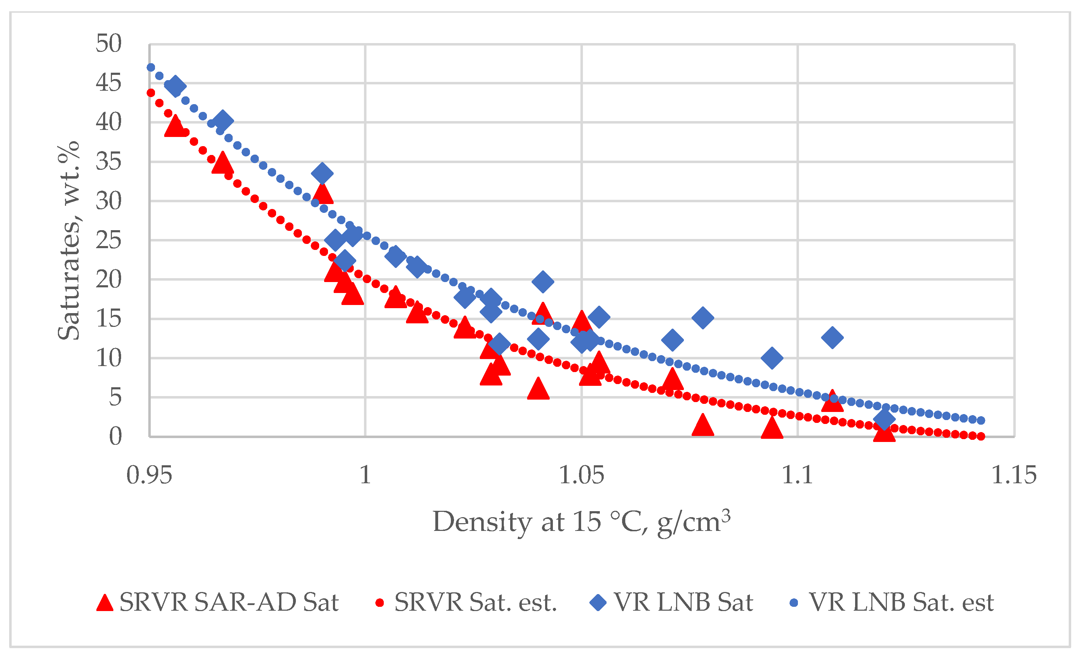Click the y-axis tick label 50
click(x=108, y=43)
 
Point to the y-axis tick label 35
click(x=108, y=162)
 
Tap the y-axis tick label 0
click(x=115, y=437)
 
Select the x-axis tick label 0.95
click(x=149, y=475)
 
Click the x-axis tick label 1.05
click(x=581, y=475)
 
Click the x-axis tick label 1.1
click(x=797, y=475)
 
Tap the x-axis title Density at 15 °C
click(x=581, y=522)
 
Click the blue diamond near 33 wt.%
click(x=322, y=174)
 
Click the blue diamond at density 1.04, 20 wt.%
click(x=543, y=281)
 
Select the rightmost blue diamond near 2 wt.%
click(x=884, y=419)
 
